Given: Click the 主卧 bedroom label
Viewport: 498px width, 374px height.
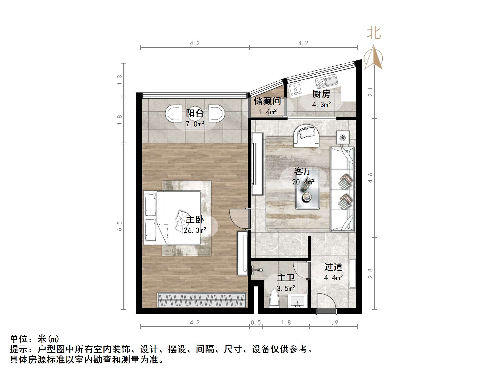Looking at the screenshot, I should [x=195, y=220].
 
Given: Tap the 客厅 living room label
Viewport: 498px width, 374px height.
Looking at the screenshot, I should [x=303, y=171].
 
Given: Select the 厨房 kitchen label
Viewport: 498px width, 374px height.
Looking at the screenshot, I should [x=321, y=94].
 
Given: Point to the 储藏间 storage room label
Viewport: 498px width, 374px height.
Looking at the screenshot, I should [x=267, y=101].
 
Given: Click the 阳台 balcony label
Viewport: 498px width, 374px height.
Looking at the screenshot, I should [x=195, y=113].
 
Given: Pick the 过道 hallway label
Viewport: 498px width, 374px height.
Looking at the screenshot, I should [x=333, y=267].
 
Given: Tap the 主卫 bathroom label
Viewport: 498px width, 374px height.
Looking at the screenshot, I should [x=286, y=278].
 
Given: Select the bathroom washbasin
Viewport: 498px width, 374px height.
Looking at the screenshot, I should [x=298, y=301].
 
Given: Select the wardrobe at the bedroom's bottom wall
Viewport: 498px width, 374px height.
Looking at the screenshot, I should [x=202, y=300].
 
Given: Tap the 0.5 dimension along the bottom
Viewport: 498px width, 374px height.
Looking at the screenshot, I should [x=256, y=323].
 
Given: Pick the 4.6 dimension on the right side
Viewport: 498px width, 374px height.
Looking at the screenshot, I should [x=370, y=178].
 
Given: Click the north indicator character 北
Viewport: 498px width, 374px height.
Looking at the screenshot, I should [x=374, y=33].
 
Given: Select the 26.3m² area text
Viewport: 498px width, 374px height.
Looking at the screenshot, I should [x=195, y=230].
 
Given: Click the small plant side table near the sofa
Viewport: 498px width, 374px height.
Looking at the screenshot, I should [x=343, y=137].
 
